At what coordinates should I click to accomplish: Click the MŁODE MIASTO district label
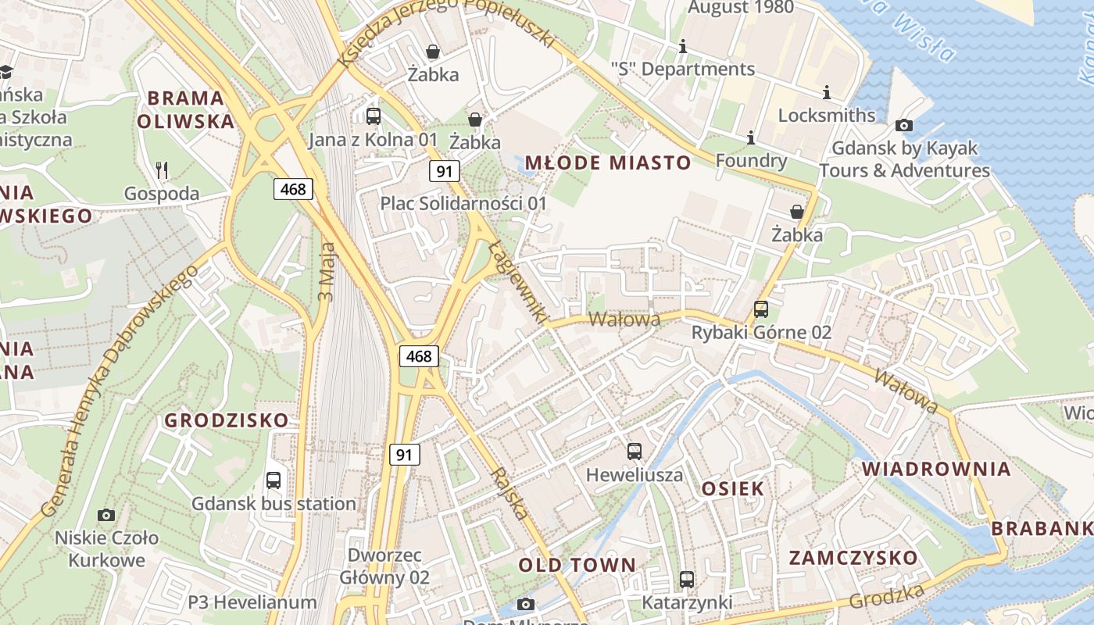[608, 162]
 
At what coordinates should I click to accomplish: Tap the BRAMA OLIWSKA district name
[186, 109]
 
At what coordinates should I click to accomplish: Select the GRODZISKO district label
[227, 420]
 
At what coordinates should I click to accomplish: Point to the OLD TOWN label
[577, 565]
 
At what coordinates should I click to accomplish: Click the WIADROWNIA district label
[936, 469]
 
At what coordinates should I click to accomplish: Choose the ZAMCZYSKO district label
[853, 558]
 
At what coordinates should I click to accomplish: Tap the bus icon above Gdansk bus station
[273, 480]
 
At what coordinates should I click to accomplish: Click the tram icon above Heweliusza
[635, 452]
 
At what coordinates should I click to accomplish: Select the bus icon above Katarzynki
[687, 580]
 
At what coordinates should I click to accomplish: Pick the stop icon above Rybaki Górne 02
[761, 309]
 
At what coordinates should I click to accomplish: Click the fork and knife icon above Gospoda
[162, 170]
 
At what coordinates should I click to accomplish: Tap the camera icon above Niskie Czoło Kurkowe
[106, 515]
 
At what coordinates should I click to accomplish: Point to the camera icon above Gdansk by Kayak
[904, 125]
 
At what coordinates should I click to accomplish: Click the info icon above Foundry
[751, 137]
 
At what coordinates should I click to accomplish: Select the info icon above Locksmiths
[827, 92]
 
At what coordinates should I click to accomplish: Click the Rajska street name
[509, 494]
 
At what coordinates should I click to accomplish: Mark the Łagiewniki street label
[517, 283]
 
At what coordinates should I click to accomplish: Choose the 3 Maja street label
[327, 272]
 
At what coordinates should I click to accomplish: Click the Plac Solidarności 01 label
[463, 203]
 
